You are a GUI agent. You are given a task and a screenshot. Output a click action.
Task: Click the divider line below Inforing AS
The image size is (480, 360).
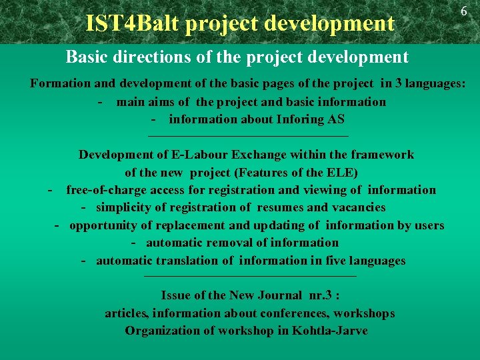click(x=248, y=137)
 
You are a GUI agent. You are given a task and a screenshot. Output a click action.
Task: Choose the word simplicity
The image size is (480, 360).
click(x=127, y=207)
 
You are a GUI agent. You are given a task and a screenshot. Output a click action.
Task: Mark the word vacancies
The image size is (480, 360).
click(x=355, y=207)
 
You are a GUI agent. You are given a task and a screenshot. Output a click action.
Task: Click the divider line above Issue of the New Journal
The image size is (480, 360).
click(x=250, y=276)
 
